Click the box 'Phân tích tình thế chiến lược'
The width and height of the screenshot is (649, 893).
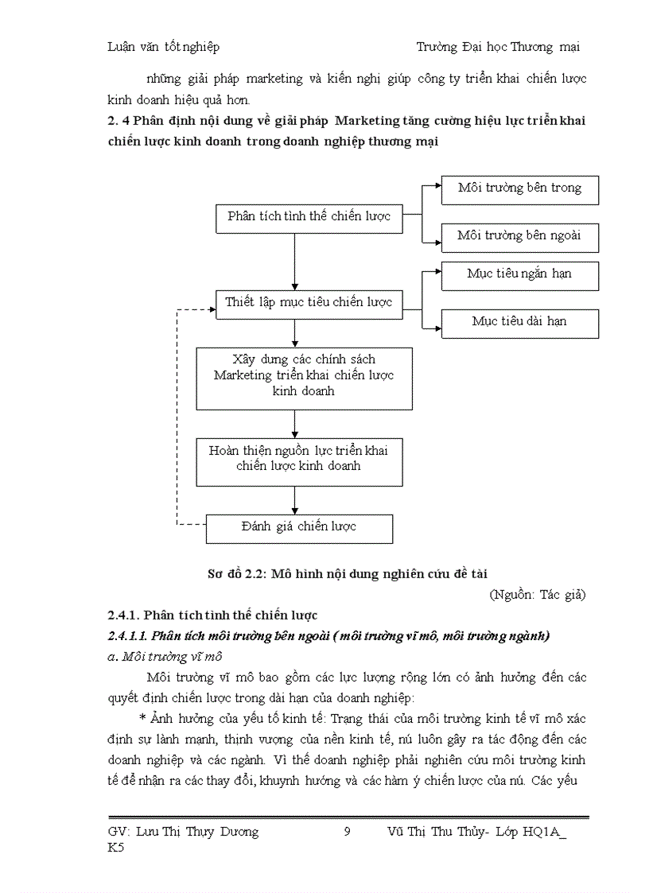pyautogui.click(x=309, y=216)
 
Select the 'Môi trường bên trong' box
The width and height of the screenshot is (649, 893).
pyautogui.click(x=519, y=189)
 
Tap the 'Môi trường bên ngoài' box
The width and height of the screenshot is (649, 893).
pyautogui.click(x=519, y=236)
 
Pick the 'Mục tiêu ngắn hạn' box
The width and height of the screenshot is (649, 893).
pyautogui.click(x=519, y=275)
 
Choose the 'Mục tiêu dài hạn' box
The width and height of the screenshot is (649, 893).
pyautogui.click(x=519, y=323)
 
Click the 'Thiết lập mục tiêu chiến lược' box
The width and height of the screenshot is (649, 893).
pyautogui.click(x=309, y=303)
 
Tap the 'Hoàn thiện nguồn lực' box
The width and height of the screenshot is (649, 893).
pyautogui.click(x=298, y=459)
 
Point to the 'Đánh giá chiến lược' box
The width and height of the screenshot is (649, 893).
pyautogui.click(x=299, y=527)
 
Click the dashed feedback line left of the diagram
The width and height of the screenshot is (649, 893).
pyautogui.click(x=176, y=413)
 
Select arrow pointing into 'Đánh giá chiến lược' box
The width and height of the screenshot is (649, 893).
pyautogui.click(x=295, y=500)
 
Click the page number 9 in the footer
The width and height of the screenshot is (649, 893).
pyautogui.click(x=347, y=833)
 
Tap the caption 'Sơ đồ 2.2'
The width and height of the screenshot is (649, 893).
pyautogui.click(x=346, y=573)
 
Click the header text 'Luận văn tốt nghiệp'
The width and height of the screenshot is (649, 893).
pyautogui.click(x=163, y=47)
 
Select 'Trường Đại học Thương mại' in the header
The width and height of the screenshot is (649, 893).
pyautogui.click(x=498, y=47)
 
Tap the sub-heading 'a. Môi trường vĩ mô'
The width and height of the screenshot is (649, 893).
pyautogui.click(x=165, y=657)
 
